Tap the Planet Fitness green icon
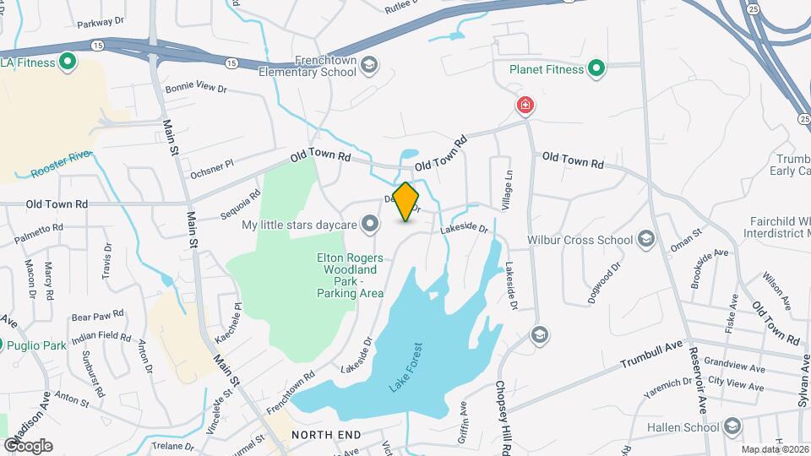pyautogui.click(x=596, y=69)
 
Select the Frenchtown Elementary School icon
pyautogui.click(x=369, y=64)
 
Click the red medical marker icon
pyautogui.click(x=525, y=106)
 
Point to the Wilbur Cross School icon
pyautogui.click(x=647, y=240)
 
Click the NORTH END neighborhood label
pyautogui.click(x=326, y=435)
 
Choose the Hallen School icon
pyautogui.click(x=732, y=427)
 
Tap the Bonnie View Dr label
pyautogui.click(x=198, y=88)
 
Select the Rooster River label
pyautogui.click(x=60, y=164)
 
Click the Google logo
pyautogui.click(x=27, y=445)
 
